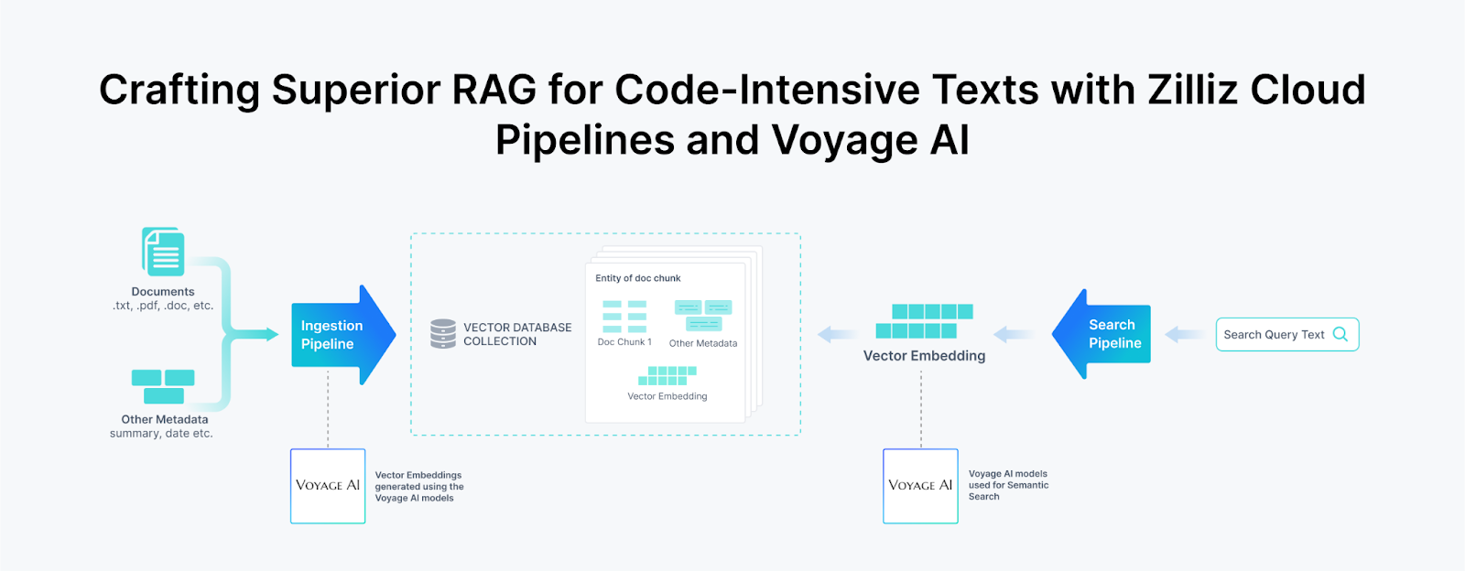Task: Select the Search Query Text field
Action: tap(1273, 335)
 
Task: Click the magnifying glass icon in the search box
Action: tap(1340, 334)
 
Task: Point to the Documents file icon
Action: tap(163, 252)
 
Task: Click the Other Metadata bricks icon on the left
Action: tap(163, 386)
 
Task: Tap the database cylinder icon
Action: tap(443, 334)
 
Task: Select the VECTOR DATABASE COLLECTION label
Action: tap(516, 334)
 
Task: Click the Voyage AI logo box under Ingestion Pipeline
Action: tap(328, 486)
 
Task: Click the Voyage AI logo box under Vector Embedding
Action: tap(920, 486)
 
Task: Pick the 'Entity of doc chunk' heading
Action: tap(637, 278)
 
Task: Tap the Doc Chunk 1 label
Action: tap(624, 342)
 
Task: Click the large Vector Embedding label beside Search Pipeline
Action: tap(924, 356)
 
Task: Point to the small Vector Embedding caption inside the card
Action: tap(667, 396)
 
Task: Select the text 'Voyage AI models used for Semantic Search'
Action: tap(1008, 485)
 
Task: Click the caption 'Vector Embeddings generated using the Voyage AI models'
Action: tap(418, 487)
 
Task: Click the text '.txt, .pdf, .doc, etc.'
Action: tap(163, 306)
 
